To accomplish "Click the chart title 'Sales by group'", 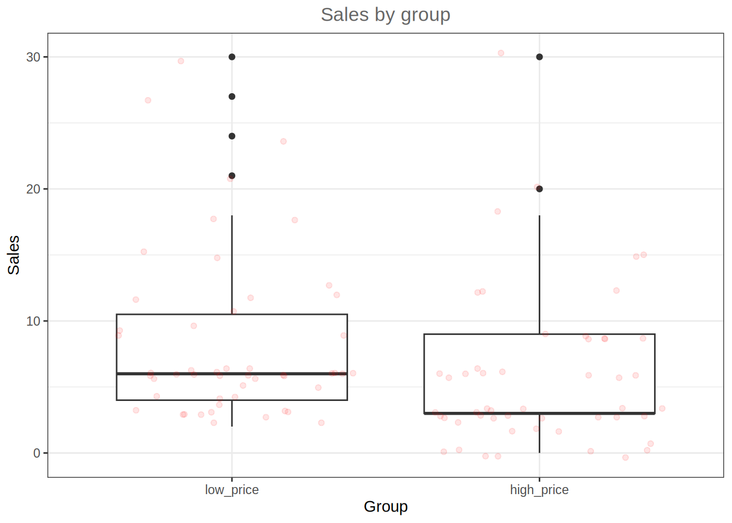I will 385,15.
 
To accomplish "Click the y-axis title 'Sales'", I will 14,255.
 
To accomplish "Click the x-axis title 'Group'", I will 386,507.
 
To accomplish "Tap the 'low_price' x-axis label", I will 231,490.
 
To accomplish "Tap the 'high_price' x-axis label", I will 539,490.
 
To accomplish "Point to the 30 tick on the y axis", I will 33,57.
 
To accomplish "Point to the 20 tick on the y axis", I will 33,189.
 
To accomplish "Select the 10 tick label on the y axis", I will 33,321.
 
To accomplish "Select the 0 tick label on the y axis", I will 36,453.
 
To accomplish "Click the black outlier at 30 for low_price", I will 232,57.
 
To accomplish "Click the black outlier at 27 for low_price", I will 232,96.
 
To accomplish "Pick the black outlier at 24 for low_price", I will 232,136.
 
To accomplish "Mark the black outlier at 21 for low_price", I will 232,176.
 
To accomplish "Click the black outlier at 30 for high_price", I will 539,57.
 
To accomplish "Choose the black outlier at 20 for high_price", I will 539,189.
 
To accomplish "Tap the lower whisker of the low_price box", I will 232,413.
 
